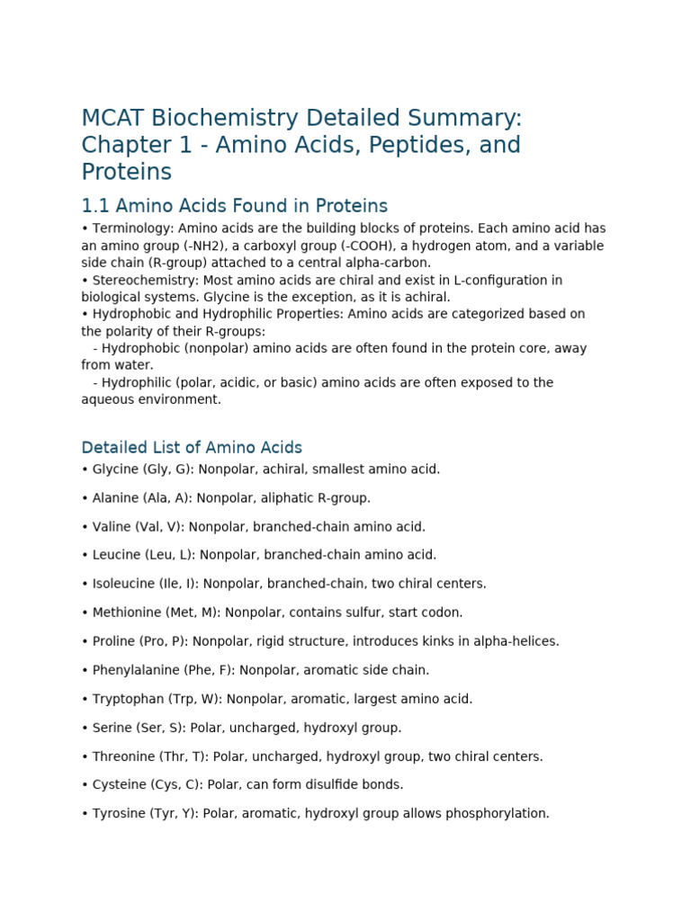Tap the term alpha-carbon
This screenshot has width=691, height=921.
coord(386,263)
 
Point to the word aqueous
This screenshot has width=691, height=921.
coord(107,399)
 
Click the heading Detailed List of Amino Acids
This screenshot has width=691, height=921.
coord(192,447)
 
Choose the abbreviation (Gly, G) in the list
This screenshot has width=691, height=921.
coord(166,469)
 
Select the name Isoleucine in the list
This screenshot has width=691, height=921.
coord(125,584)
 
